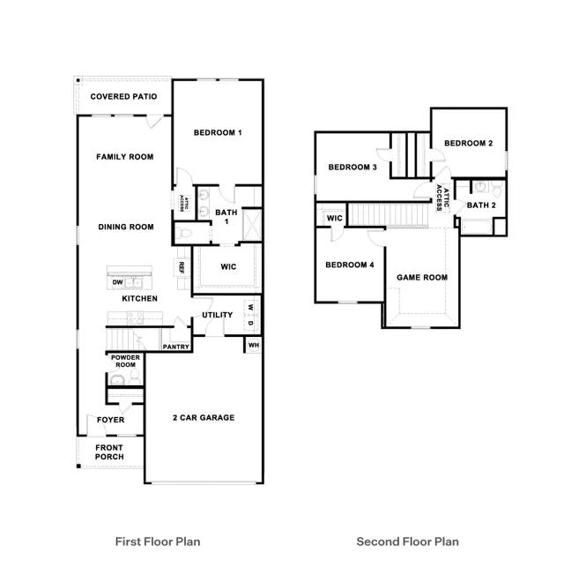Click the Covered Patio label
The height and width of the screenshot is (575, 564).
tap(123, 96)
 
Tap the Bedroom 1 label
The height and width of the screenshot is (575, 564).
tap(218, 133)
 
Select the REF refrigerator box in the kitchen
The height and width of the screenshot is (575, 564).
tap(181, 267)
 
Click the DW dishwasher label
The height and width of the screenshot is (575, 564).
tap(117, 282)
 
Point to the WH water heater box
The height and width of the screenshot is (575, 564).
tap(254, 345)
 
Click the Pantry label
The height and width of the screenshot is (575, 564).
tap(176, 347)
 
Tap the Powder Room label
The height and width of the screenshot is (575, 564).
tap(125, 362)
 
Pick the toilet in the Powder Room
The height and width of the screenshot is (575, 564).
tap(135, 376)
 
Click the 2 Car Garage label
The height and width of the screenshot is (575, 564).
tap(204, 418)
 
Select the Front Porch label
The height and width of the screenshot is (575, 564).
tap(109, 452)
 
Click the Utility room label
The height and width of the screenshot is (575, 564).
tap(218, 315)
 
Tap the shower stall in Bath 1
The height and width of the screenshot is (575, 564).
tap(252, 224)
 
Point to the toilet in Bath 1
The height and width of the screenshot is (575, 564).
tap(183, 233)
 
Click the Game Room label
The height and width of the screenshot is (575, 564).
tap(422, 278)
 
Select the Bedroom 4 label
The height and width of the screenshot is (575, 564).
tap(350, 265)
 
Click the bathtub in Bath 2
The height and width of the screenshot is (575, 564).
tap(476, 227)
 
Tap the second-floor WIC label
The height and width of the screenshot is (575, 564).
tap(335, 218)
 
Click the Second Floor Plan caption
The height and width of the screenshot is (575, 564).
tap(407, 541)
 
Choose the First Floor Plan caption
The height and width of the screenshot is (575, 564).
tap(158, 541)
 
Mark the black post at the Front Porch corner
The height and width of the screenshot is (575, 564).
tap(78, 467)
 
